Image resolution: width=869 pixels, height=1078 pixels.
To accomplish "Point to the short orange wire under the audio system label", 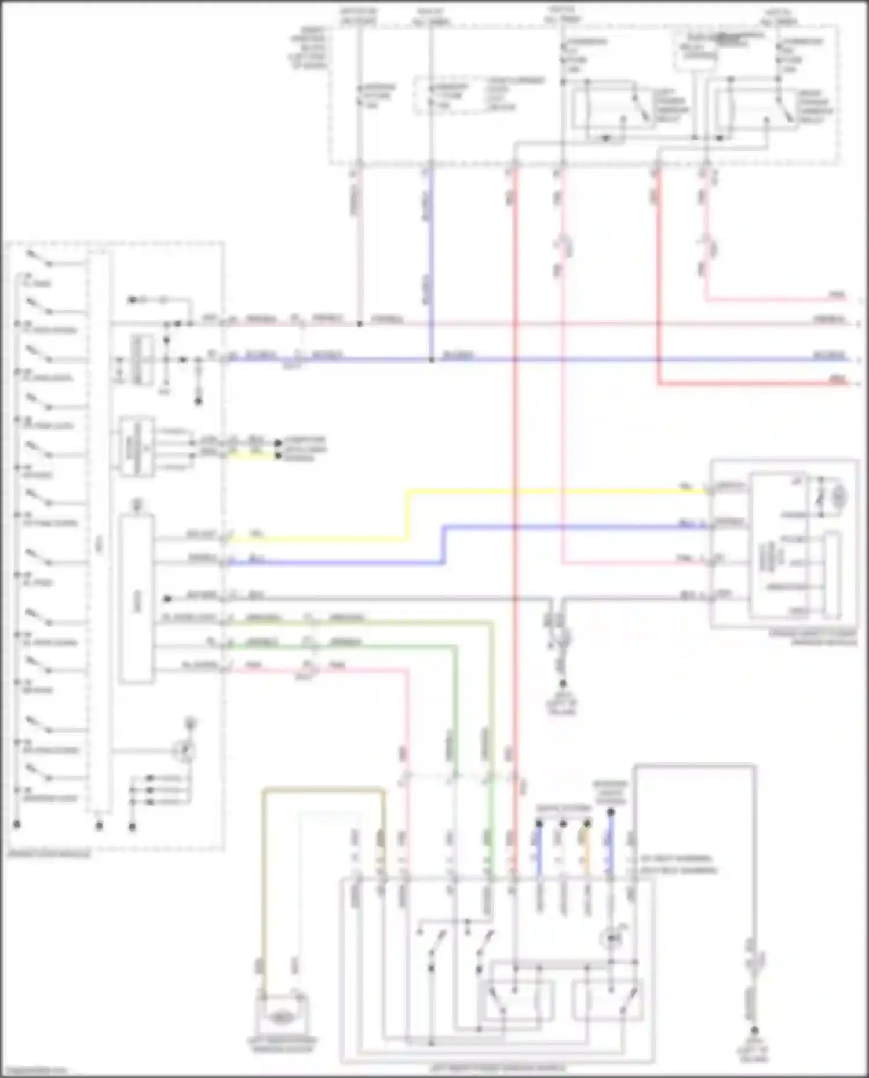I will coord(587,852).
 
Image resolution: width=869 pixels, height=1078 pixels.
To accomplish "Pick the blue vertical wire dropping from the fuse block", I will coord(431,261).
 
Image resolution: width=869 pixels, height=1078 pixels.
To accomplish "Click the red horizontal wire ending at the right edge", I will coord(753,383).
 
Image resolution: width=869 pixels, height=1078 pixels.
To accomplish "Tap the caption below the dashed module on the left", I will coord(49,854).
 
